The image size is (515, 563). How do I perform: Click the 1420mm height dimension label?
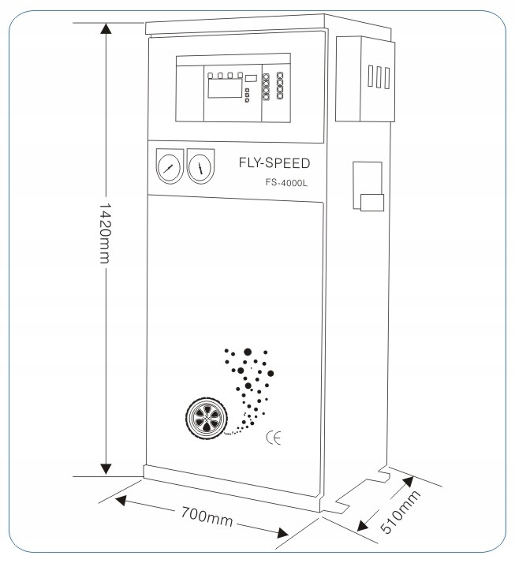tap(105, 233)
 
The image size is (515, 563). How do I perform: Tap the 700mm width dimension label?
tap(207, 516)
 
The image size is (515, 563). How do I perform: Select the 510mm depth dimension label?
tap(400, 512)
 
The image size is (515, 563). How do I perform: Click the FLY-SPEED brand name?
tap(274, 163)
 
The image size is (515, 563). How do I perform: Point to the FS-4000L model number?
tap(286, 183)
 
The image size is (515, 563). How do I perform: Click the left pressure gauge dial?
tap(169, 168)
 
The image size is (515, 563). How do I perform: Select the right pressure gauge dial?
tap(200, 168)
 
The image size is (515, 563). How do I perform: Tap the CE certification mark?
tap(274, 438)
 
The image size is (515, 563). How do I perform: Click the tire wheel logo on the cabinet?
tap(207, 418)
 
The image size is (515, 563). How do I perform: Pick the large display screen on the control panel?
tap(226, 88)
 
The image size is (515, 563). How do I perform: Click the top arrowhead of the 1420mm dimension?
tap(106, 28)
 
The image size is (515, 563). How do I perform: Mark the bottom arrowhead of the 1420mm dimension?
tap(106, 468)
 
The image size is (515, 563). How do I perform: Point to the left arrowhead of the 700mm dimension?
tap(121, 500)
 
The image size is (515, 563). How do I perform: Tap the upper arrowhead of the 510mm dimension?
tap(408, 482)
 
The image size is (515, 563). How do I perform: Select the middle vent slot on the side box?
tap(379, 76)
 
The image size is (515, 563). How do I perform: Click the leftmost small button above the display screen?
tap(211, 76)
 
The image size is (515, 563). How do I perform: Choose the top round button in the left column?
tap(266, 76)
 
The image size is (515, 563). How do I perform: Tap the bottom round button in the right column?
tap(280, 95)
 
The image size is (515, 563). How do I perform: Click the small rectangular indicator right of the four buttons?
tap(251, 78)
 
